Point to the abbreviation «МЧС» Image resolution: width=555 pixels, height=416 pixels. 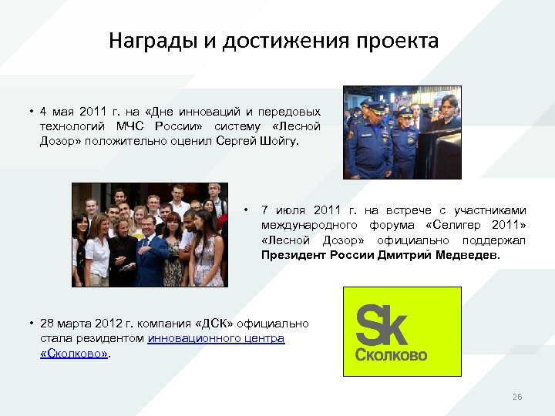[x=129, y=126]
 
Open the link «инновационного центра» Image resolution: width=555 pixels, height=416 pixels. [x=216, y=338]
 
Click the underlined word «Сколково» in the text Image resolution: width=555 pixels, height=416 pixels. [x=74, y=353]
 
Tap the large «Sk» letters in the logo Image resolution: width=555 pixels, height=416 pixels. [x=382, y=326]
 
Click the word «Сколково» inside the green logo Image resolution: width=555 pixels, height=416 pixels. [x=391, y=356]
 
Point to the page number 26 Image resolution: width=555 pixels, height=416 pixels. [x=517, y=397]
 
